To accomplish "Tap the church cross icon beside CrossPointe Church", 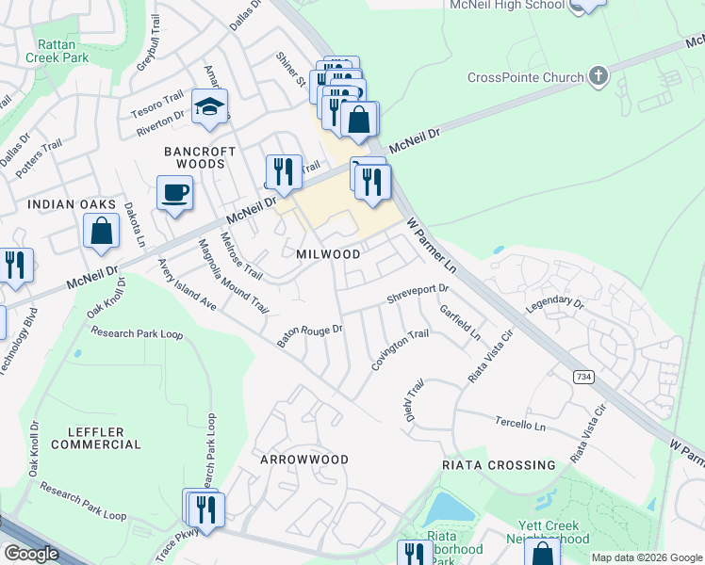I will click(x=598, y=74).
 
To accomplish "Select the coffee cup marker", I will click(x=174, y=194).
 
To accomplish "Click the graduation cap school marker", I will click(x=210, y=107).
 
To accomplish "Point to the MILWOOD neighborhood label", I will click(x=328, y=255).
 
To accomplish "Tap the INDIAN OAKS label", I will click(x=72, y=204).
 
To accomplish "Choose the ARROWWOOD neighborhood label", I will click(x=305, y=460).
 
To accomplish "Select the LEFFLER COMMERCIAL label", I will click(x=97, y=438).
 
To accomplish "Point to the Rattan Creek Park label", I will click(x=63, y=51).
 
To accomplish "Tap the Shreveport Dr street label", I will click(x=418, y=295).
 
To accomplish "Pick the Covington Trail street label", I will click(x=400, y=350).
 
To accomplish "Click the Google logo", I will click(x=31, y=554).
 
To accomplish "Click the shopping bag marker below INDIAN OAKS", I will click(x=101, y=231).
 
